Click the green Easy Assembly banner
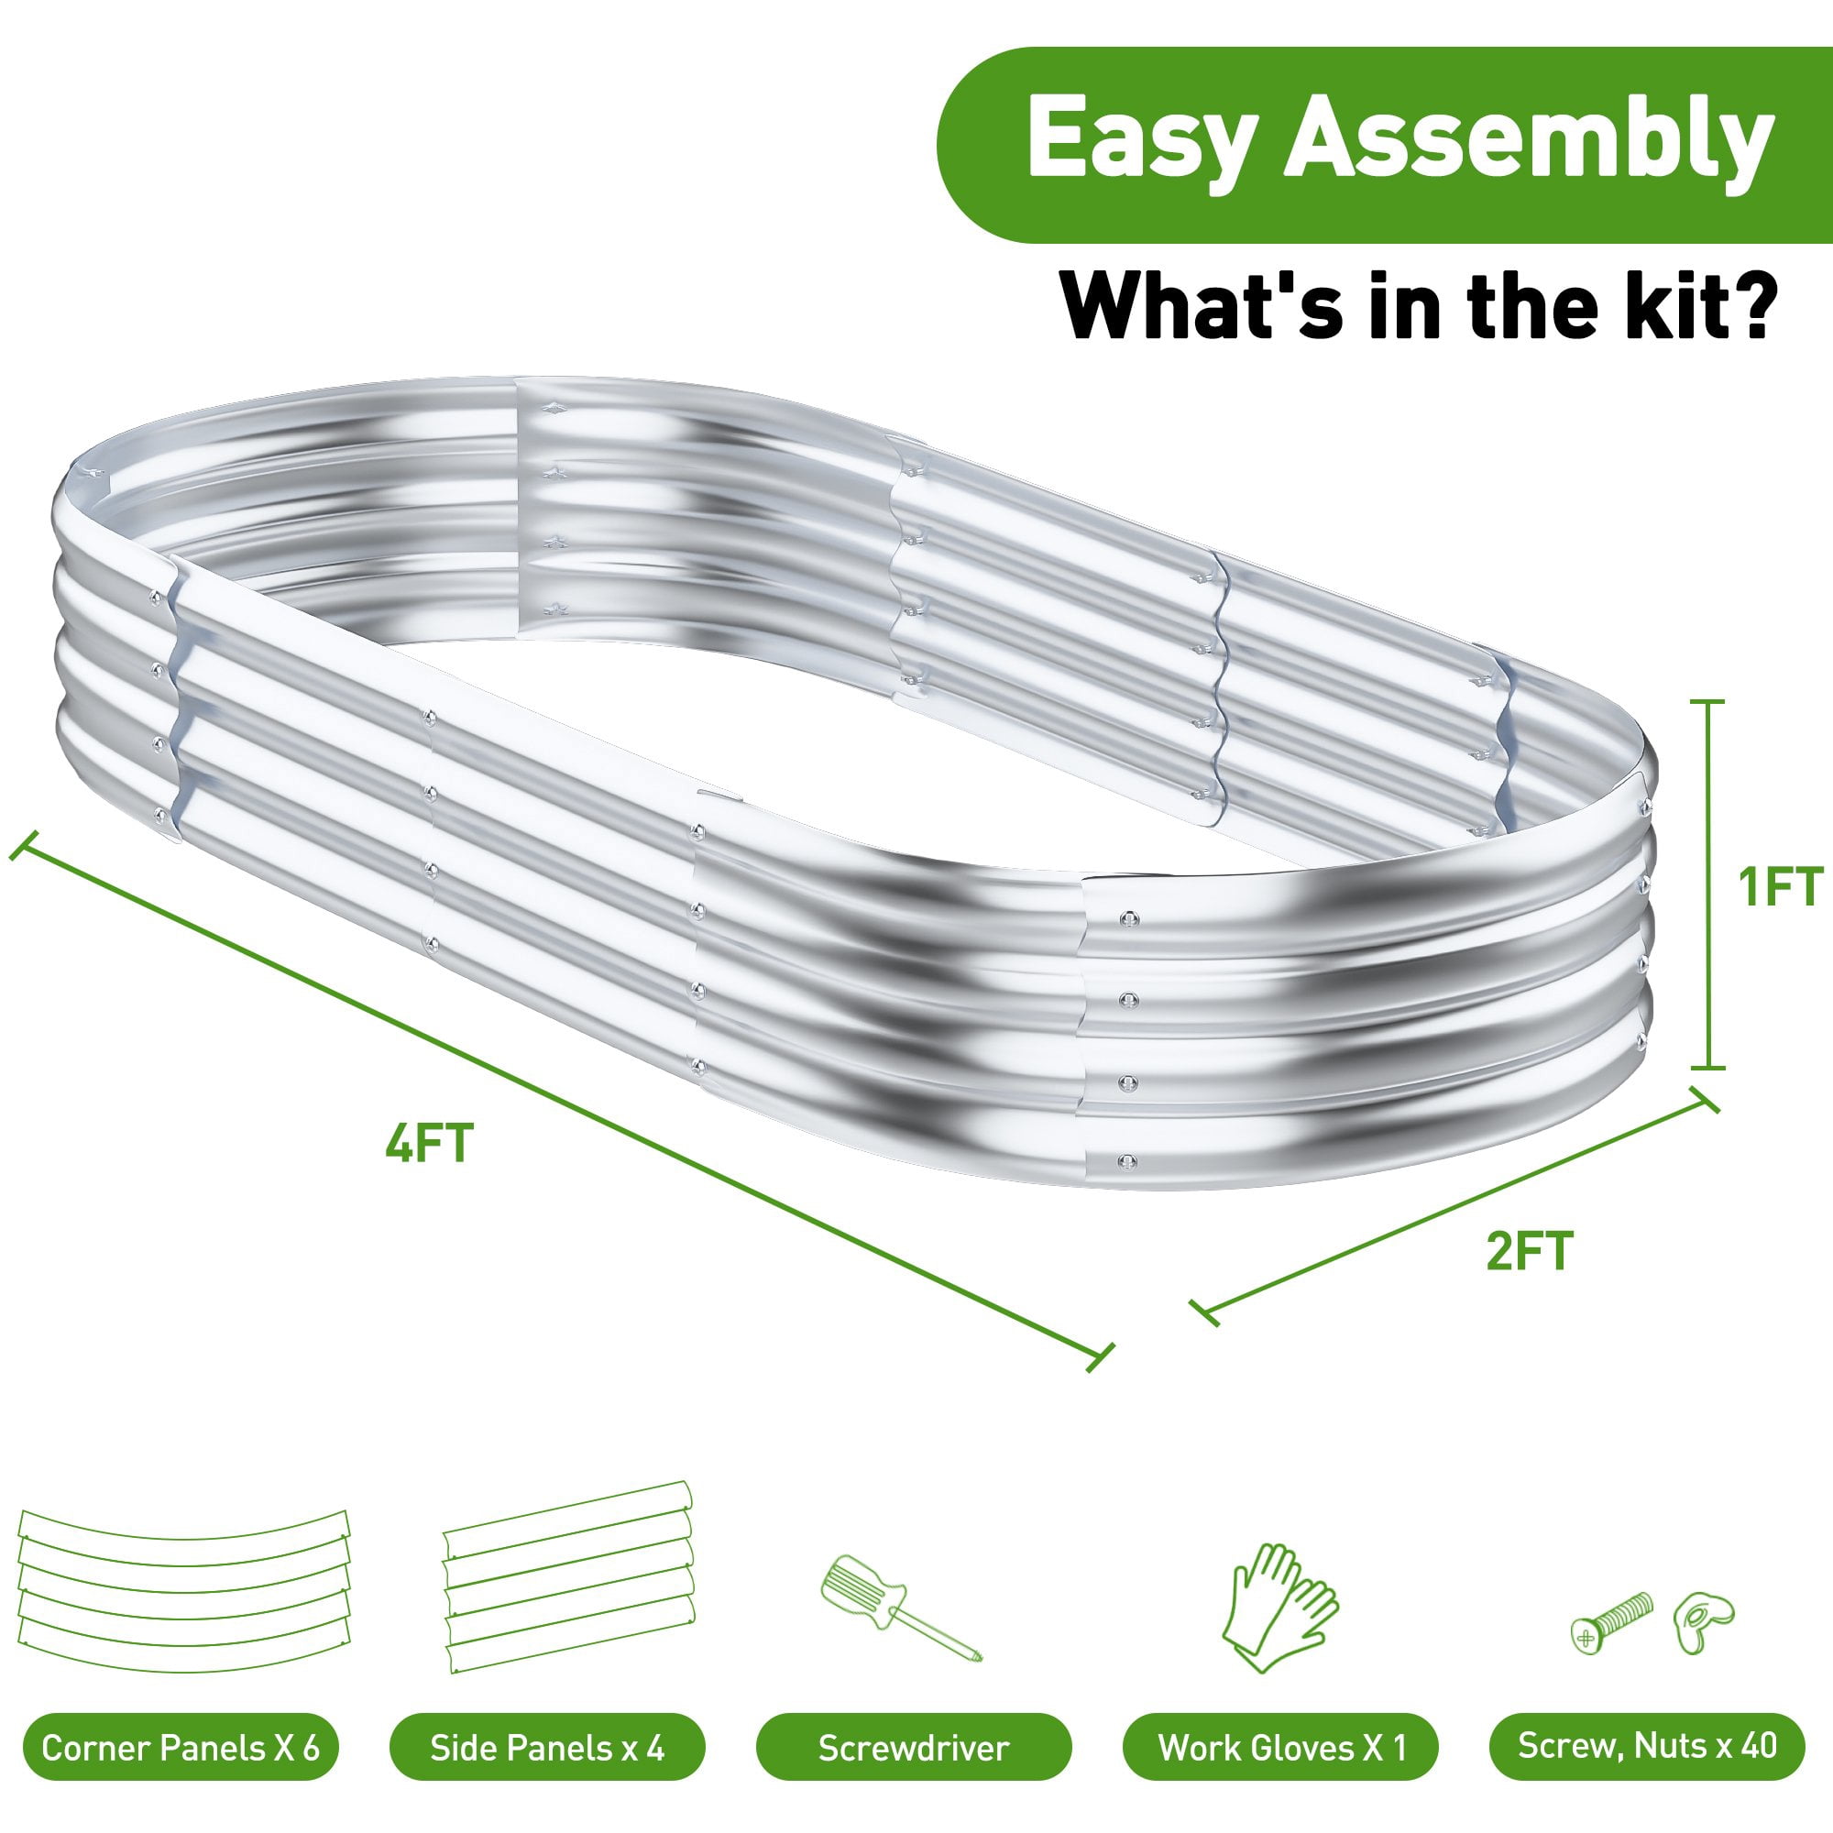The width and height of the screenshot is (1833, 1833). pyautogui.click(x=1384, y=144)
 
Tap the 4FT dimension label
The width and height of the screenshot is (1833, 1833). pyautogui.click(x=429, y=1142)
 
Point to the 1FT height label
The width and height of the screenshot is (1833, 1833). pyautogui.click(x=1780, y=887)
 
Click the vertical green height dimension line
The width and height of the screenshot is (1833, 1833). pyautogui.click(x=1708, y=884)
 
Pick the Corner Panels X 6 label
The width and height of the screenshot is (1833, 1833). pyautogui.click(x=181, y=1748)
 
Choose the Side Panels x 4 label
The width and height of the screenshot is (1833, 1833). pyautogui.click(x=547, y=1748)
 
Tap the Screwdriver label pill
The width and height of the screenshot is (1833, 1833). pyautogui.click(x=914, y=1748)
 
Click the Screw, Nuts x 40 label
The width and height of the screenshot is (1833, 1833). pyautogui.click(x=1647, y=1746)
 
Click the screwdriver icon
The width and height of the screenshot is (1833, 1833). pyautogui.click(x=900, y=1608)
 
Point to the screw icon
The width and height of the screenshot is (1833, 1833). pyautogui.click(x=1612, y=1622)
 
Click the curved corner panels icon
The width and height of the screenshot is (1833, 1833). pyautogui.click(x=184, y=1590)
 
